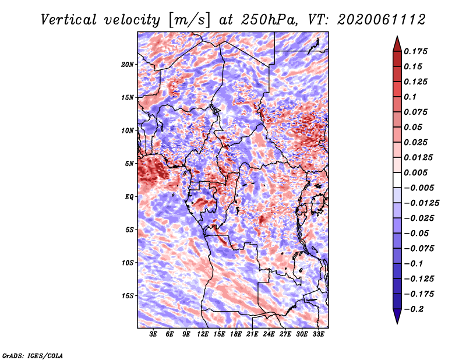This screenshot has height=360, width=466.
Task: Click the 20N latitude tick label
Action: click(128, 64)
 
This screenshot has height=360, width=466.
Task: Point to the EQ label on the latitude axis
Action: click(129, 197)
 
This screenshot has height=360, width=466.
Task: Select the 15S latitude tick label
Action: click(128, 296)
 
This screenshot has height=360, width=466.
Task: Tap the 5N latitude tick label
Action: click(129, 164)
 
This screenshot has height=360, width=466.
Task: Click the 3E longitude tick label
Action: click(154, 335)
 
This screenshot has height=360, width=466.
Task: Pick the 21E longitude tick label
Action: click(252, 335)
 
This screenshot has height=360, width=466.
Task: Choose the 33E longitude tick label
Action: click(318, 335)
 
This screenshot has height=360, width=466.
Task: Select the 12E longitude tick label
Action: click(203, 335)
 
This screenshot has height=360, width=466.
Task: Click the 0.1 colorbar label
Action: click(411, 97)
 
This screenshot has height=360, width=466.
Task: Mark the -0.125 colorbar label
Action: click(421, 278)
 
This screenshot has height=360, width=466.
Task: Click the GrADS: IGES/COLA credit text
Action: click(32, 355)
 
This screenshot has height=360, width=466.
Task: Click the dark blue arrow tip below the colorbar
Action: click(397, 318)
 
